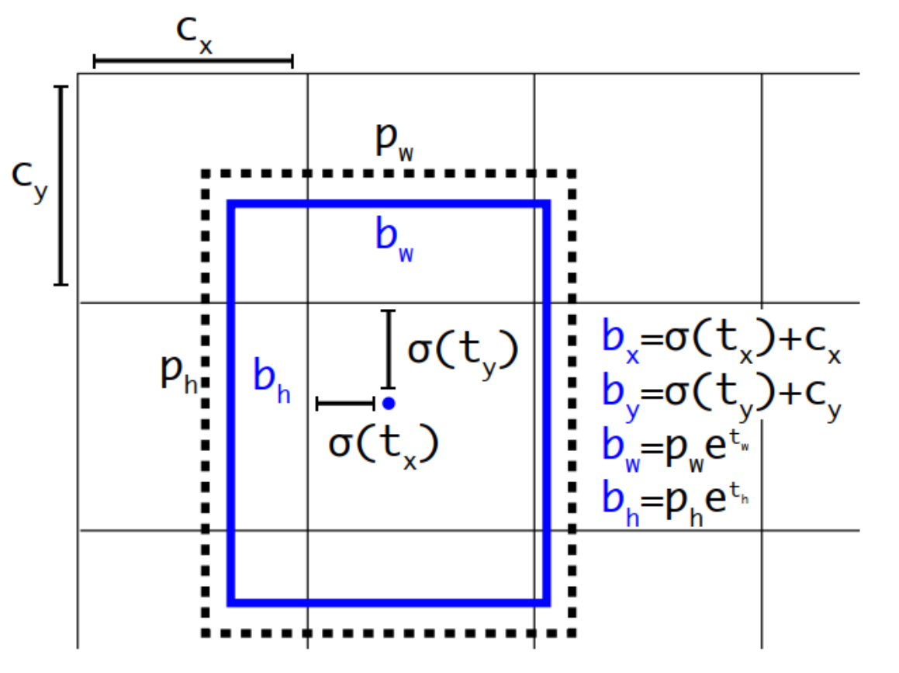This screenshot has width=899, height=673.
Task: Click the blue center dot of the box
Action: pyautogui.click(x=389, y=403)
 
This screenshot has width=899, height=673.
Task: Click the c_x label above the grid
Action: pyautogui.click(x=193, y=33)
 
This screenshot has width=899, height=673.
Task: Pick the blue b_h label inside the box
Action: pyautogui.click(x=271, y=381)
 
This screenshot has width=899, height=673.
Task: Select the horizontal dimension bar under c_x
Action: pyautogui.click(x=193, y=61)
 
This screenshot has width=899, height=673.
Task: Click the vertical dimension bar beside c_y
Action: pyautogui.click(x=61, y=186)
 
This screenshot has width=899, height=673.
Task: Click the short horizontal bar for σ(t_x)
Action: pyautogui.click(x=346, y=403)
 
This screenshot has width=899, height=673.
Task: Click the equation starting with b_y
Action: pyautogui.click(x=721, y=397)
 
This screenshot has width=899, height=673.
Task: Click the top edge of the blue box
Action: pyautogui.click(x=389, y=204)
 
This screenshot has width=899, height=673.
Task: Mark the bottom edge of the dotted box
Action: pyautogui.click(x=389, y=633)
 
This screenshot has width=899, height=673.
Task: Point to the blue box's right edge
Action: pyautogui.click(x=546, y=403)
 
